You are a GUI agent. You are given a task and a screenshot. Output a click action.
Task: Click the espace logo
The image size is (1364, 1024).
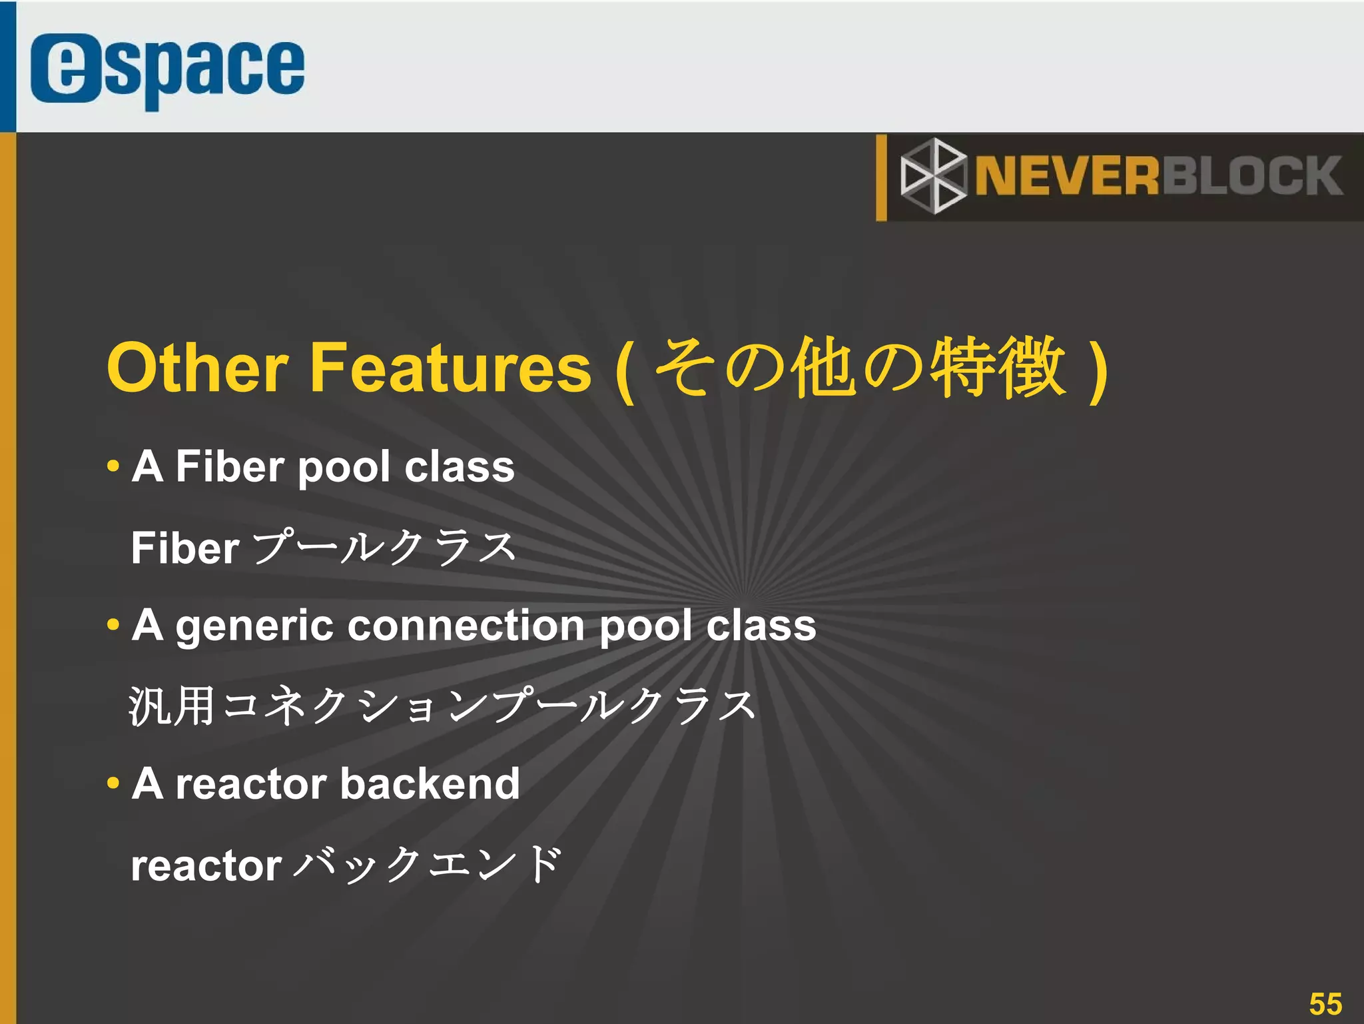pyautogui.click(x=167, y=69)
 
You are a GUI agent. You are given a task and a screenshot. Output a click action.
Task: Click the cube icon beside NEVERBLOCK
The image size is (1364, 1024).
pyautogui.click(x=933, y=177)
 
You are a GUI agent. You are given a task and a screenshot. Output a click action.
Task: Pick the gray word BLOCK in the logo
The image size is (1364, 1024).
pyautogui.click(x=1252, y=177)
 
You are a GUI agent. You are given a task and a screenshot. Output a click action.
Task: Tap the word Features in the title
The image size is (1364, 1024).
pyautogui.click(x=450, y=368)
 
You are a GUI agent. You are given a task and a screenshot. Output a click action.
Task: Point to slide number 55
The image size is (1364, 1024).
pyautogui.click(x=1325, y=1003)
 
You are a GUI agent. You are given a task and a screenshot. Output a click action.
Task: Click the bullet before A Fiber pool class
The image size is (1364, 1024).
pyautogui.click(x=113, y=466)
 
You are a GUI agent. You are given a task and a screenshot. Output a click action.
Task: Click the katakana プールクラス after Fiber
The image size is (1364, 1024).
pyautogui.click(x=385, y=548)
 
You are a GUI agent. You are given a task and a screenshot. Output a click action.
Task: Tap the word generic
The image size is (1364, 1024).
pyautogui.click(x=254, y=626)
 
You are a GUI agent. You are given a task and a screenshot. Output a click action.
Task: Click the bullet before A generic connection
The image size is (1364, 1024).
pyautogui.click(x=113, y=625)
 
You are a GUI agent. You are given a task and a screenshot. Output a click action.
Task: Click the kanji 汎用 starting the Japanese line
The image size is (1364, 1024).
pyautogui.click(x=172, y=706)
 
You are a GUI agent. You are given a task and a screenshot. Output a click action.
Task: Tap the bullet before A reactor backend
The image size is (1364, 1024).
pyautogui.click(x=113, y=783)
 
